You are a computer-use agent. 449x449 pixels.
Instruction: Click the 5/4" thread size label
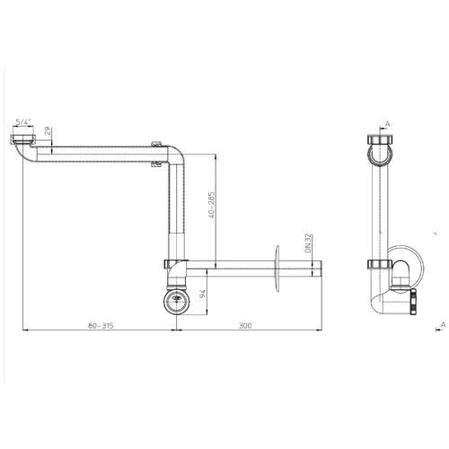click(23, 122)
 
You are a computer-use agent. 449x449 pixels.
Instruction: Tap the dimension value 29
click(48, 131)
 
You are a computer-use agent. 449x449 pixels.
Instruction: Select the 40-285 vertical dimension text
click(211, 205)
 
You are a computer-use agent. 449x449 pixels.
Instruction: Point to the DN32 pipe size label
click(308, 243)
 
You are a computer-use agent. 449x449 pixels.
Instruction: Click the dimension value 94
click(202, 294)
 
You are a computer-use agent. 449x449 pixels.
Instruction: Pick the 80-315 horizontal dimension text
click(101, 325)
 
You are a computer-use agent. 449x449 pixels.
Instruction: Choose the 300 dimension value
click(245, 325)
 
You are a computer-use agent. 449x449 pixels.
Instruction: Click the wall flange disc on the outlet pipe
click(277, 269)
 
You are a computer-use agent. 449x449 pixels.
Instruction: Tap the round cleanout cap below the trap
click(177, 301)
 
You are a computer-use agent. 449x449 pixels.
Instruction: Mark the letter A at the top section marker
click(388, 124)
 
